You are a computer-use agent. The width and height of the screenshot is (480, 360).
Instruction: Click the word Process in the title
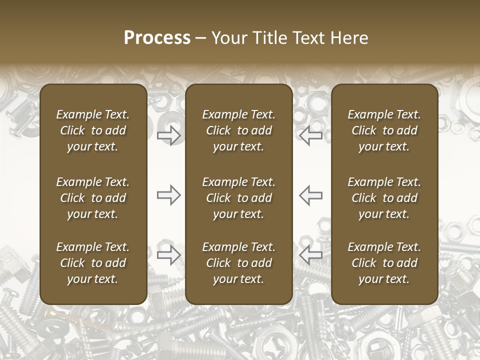pos(157,38)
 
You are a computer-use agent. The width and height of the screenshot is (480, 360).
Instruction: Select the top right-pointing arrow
pos(169,135)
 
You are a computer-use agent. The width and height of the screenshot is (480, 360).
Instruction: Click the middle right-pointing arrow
pos(169,195)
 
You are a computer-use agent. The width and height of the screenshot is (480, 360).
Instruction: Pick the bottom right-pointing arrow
pos(169,255)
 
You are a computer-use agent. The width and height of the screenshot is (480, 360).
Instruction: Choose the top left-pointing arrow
pos(310,135)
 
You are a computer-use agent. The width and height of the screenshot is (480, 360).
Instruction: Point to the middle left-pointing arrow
pos(310,195)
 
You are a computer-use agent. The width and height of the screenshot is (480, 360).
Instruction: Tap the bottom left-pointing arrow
pos(310,255)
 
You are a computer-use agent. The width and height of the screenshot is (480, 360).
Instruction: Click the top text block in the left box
pos(93,130)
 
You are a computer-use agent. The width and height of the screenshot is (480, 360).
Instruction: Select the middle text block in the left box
pos(93,198)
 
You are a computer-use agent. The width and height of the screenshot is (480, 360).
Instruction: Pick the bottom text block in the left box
pos(93,263)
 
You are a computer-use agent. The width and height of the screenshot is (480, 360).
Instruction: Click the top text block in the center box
pos(238,130)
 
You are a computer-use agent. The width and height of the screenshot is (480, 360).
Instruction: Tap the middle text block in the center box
pos(238,198)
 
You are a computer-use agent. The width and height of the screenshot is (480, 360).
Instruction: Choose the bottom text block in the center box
pos(238,263)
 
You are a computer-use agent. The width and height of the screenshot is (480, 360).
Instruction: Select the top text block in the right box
pos(384,130)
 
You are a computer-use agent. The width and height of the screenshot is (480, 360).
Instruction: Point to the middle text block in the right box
pos(384,198)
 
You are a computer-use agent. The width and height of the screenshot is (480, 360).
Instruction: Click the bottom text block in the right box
pos(384,263)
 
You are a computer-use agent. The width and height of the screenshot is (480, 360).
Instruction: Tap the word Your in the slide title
pos(228,38)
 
